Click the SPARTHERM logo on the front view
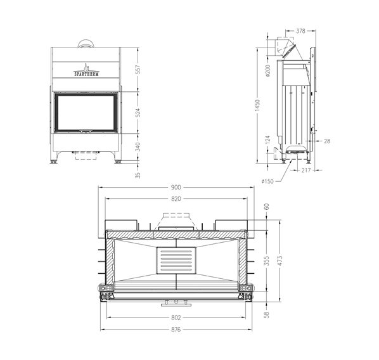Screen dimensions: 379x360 tap(86, 70)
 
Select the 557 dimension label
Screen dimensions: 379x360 tap(138, 70)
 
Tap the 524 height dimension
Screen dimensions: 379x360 tap(138, 113)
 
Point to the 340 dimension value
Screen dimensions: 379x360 tap(138, 147)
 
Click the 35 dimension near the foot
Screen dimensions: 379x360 tap(138, 176)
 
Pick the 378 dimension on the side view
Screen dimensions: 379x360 tap(300, 30)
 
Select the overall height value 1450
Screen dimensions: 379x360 tap(257, 106)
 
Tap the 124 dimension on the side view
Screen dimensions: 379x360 tap(267, 139)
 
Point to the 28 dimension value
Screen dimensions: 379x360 tap(327, 141)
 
